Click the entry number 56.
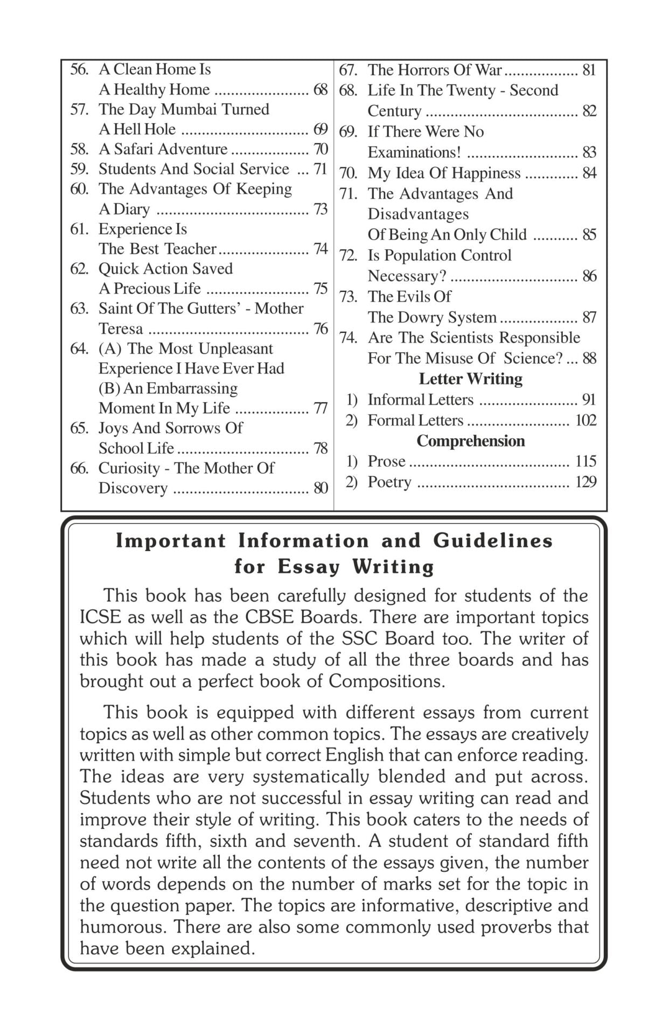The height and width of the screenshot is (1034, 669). coord(79,69)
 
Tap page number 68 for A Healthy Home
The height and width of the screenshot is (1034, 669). coord(320,89)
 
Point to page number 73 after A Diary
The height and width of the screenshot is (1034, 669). coord(320,209)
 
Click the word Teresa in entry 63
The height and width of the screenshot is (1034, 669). coord(121,329)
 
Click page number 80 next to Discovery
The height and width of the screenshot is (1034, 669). coord(320,488)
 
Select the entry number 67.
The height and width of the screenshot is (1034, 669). coord(348,70)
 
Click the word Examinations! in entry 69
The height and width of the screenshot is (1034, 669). coord(414,152)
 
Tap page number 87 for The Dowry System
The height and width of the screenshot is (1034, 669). coord(589,317)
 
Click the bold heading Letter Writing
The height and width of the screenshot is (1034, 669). coord(471,379)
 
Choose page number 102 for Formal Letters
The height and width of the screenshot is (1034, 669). coord(586,420)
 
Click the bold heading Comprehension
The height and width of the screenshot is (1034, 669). coord(471,441)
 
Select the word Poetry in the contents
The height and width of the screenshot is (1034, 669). coord(389,481)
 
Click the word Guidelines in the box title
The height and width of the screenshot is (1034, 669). coord(493,541)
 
